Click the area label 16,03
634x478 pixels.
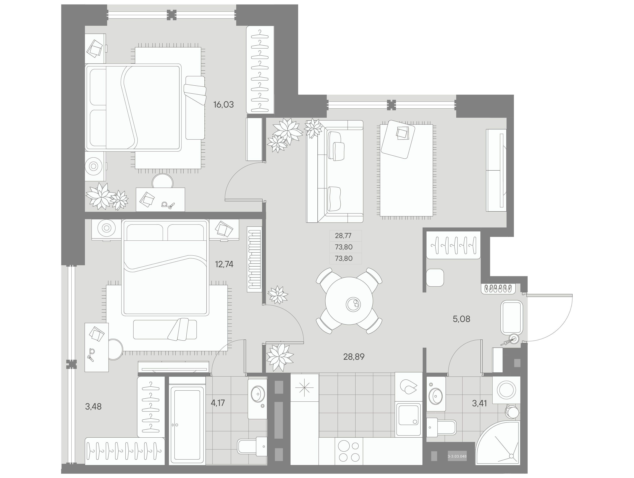[x=223, y=105]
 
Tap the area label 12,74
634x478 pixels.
[x=224, y=264]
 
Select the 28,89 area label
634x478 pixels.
[x=354, y=357]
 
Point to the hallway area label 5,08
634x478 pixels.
[x=462, y=319]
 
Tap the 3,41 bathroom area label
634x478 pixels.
[x=479, y=403]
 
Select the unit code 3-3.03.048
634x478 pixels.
[x=457, y=456]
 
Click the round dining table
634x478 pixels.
[x=349, y=301]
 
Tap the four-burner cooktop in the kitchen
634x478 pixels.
[x=349, y=451]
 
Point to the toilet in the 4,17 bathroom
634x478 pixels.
[x=252, y=446]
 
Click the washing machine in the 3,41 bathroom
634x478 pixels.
[x=506, y=390]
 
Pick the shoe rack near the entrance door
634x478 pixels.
[x=498, y=288]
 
